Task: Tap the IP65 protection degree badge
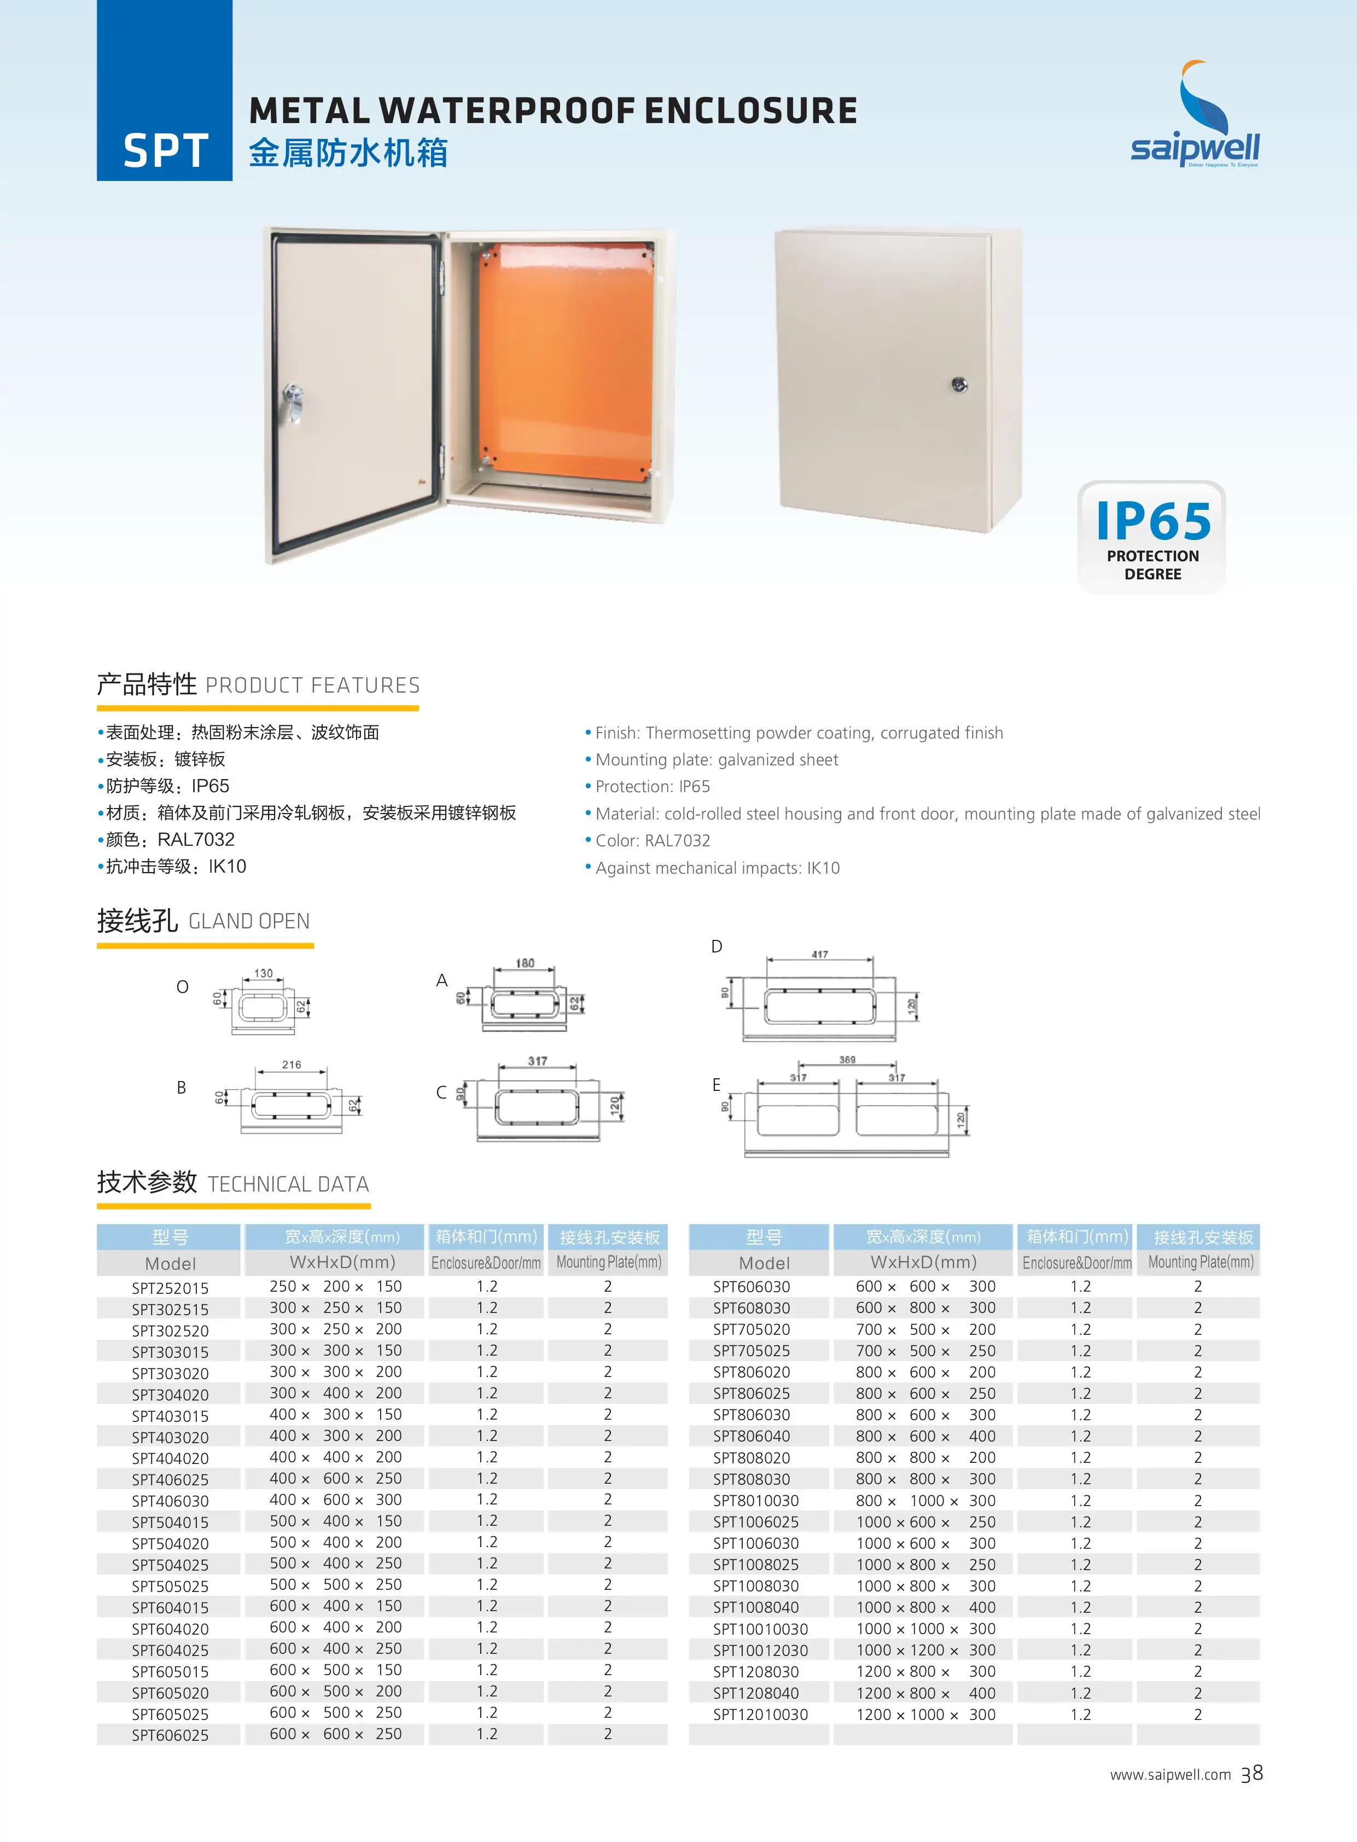(x=1152, y=538)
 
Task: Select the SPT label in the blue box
(x=165, y=151)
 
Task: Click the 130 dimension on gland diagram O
(x=263, y=973)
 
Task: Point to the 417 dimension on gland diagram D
(x=819, y=954)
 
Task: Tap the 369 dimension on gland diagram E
(x=847, y=1060)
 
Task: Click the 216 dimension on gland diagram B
(x=292, y=1064)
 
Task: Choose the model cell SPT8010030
(x=756, y=1500)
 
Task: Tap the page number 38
(x=1252, y=1774)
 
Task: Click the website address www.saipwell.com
(x=1170, y=1775)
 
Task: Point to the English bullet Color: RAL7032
(x=652, y=840)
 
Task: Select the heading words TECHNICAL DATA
(x=288, y=1184)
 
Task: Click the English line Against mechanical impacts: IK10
(x=717, y=868)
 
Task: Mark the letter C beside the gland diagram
(x=441, y=1092)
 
